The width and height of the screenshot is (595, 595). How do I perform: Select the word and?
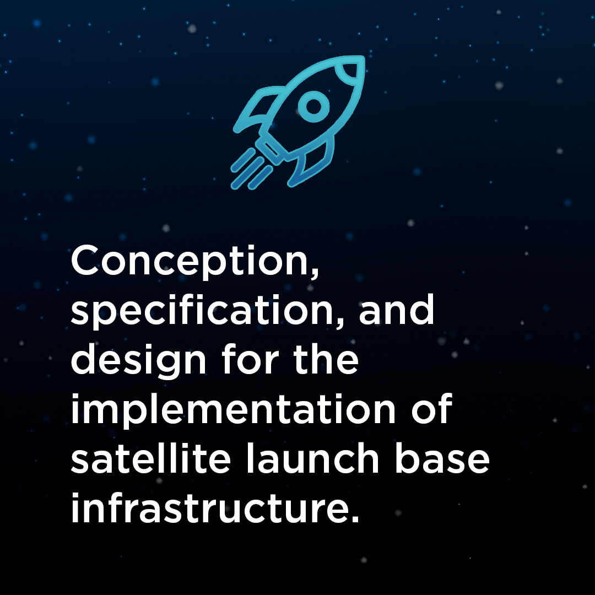[397, 309]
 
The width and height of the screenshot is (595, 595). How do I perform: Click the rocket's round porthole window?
[313, 106]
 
